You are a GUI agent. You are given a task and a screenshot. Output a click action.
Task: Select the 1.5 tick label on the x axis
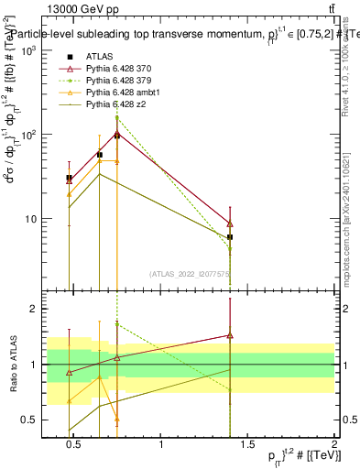click(247, 444)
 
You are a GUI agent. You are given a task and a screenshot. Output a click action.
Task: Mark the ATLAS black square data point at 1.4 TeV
click(230, 237)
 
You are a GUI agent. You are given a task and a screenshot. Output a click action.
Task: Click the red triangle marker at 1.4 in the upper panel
click(230, 224)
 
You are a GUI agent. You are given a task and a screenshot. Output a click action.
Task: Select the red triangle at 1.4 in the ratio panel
click(230, 336)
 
